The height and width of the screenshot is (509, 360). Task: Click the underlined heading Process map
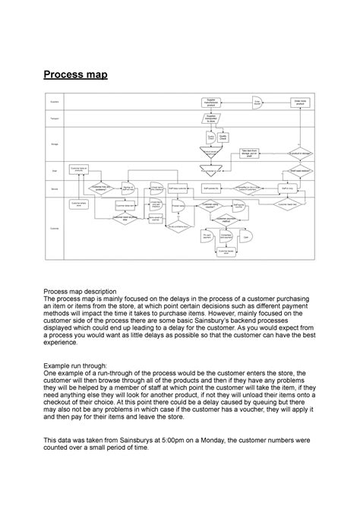(74, 74)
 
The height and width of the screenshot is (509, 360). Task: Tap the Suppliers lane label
(54, 100)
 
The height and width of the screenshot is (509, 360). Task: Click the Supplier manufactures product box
(212, 101)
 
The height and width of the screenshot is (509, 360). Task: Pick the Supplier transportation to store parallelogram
(211, 119)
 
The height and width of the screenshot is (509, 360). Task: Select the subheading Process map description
(90, 291)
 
